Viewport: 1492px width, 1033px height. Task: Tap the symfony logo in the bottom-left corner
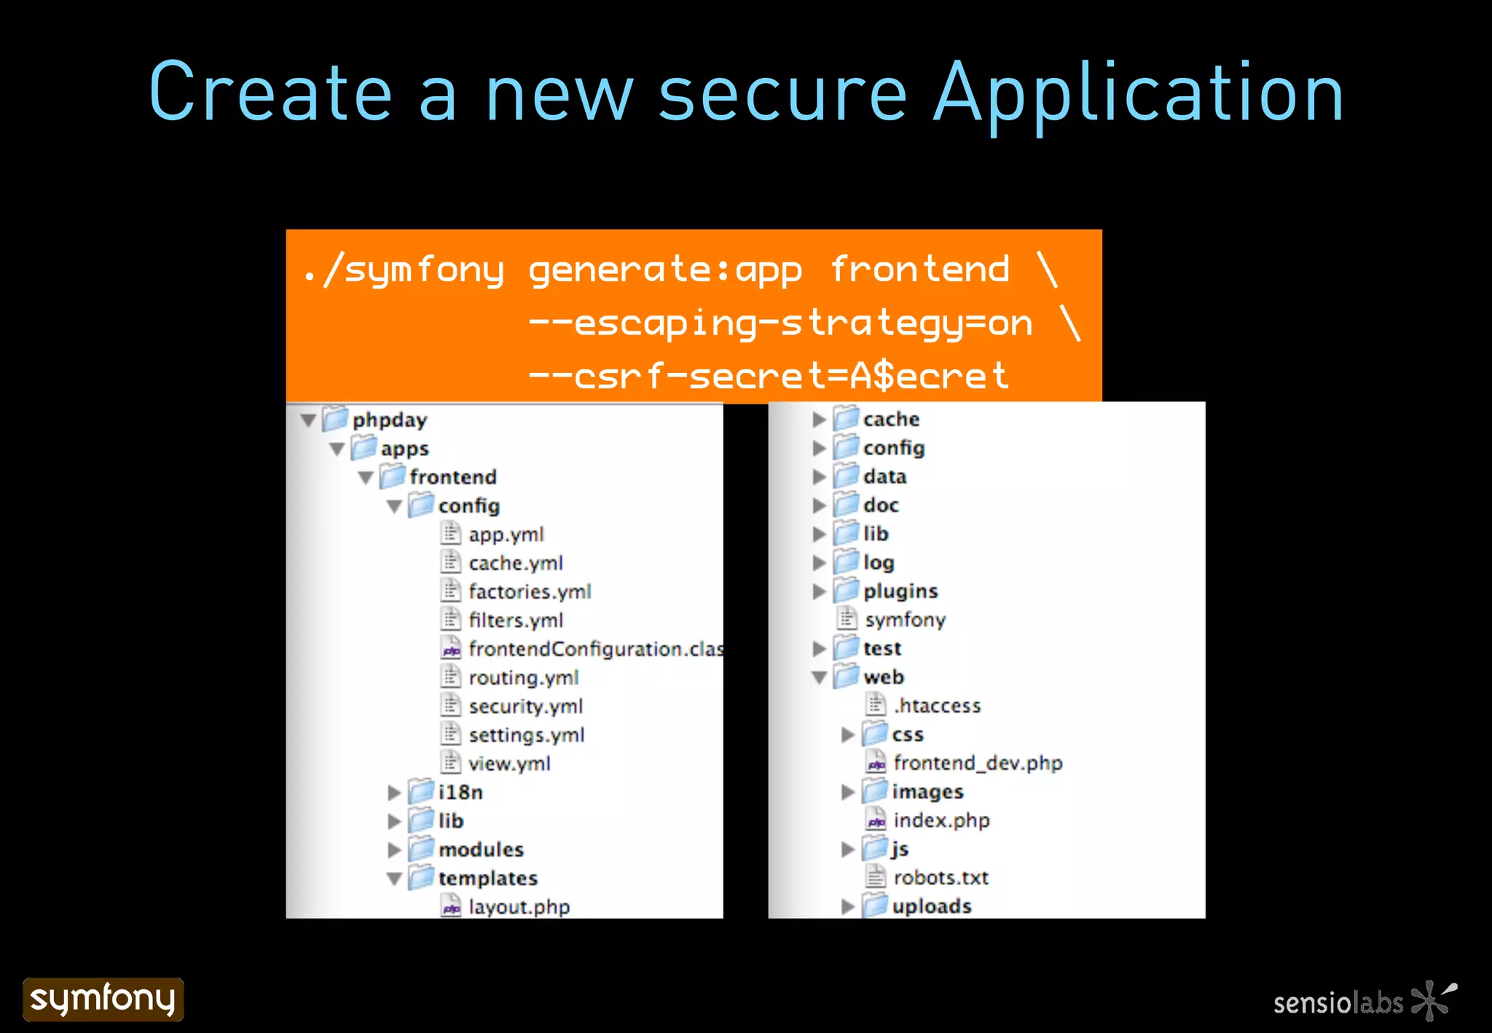(103, 999)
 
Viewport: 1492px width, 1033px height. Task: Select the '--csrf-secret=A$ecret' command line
(768, 376)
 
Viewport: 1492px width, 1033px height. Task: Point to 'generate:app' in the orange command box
(664, 270)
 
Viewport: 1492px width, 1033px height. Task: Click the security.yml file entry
(525, 706)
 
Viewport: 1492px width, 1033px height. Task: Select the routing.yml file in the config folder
(523, 677)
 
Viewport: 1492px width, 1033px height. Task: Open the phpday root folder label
(389, 420)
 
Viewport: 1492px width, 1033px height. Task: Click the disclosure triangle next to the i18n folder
(394, 793)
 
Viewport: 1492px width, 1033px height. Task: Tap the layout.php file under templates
(519, 907)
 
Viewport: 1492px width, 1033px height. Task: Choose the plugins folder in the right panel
(900, 591)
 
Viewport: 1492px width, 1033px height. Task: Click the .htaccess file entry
(937, 705)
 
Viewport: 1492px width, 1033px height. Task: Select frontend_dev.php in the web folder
(978, 763)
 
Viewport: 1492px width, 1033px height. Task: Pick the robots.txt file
(941, 877)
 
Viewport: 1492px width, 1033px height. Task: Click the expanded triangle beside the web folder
(819, 677)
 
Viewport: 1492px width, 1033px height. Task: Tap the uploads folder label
(931, 906)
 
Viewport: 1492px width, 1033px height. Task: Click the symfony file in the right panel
(905, 619)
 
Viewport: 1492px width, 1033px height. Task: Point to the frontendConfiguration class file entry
(594, 648)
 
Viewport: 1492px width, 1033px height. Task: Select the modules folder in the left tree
(481, 849)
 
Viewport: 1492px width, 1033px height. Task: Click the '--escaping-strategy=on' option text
(780, 323)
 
